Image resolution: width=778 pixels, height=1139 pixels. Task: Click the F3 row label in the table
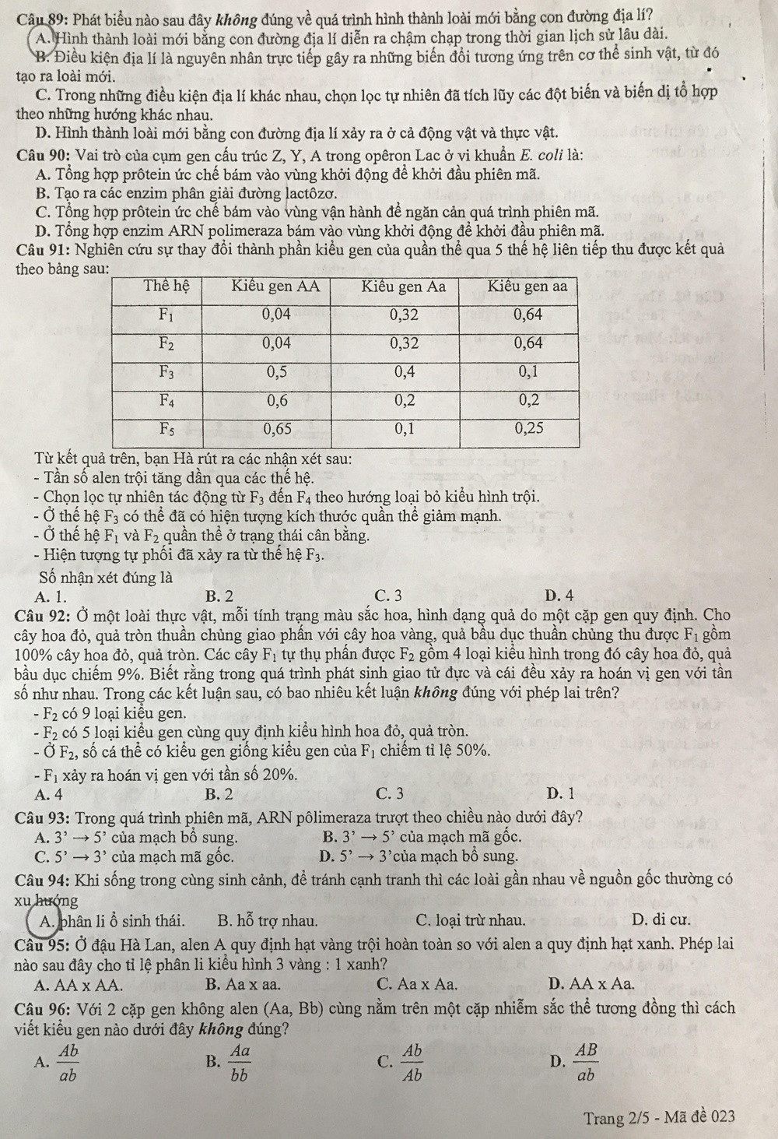click(166, 371)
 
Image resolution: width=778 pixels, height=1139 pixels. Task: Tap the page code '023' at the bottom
click(720, 1117)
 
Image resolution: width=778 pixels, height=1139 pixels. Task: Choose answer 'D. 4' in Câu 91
click(560, 596)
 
